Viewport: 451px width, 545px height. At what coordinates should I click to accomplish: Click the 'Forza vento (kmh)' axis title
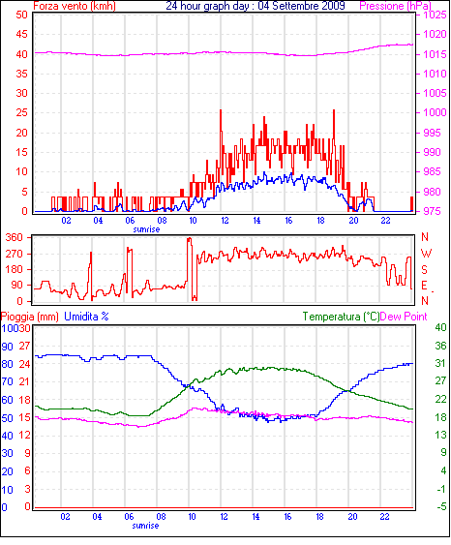tap(75, 6)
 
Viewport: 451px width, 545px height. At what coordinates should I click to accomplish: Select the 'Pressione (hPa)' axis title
tap(396, 6)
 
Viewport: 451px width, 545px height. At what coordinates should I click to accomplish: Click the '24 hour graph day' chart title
tap(207, 6)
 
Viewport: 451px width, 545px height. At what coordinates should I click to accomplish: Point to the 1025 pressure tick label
tap(435, 15)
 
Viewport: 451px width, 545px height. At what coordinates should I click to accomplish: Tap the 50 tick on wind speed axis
tap(22, 15)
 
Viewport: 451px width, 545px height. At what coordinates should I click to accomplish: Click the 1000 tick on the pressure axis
tap(435, 112)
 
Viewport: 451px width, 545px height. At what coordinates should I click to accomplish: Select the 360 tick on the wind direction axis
tap(15, 238)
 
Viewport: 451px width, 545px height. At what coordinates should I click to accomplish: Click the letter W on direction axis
tap(426, 254)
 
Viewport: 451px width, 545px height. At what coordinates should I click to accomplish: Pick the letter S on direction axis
tap(424, 270)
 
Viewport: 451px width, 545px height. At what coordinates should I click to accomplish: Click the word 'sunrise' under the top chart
tap(146, 229)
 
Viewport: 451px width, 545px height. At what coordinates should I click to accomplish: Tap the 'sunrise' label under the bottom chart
tap(145, 526)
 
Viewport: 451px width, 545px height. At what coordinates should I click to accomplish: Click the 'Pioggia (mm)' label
tap(30, 317)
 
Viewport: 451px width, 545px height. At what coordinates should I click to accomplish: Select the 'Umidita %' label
tap(86, 317)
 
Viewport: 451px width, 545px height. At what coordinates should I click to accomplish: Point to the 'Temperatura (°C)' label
tap(341, 317)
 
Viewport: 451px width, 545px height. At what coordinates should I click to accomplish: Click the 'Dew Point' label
tap(404, 317)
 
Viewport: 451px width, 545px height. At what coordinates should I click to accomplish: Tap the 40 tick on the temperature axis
tap(440, 327)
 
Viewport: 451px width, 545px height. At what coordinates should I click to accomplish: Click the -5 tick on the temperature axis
tap(441, 507)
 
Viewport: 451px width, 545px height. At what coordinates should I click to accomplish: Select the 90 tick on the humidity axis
tap(7, 347)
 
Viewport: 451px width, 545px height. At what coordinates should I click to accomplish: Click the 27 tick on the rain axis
tap(24, 347)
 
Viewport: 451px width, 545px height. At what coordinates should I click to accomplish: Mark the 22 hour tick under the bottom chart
tap(384, 517)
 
